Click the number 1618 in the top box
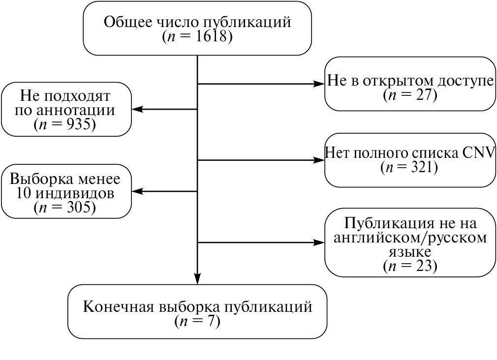(213, 37)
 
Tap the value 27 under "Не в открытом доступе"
(422, 95)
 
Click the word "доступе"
(465, 81)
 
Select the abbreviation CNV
(478, 152)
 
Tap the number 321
(420, 167)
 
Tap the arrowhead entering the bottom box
(197, 280)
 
